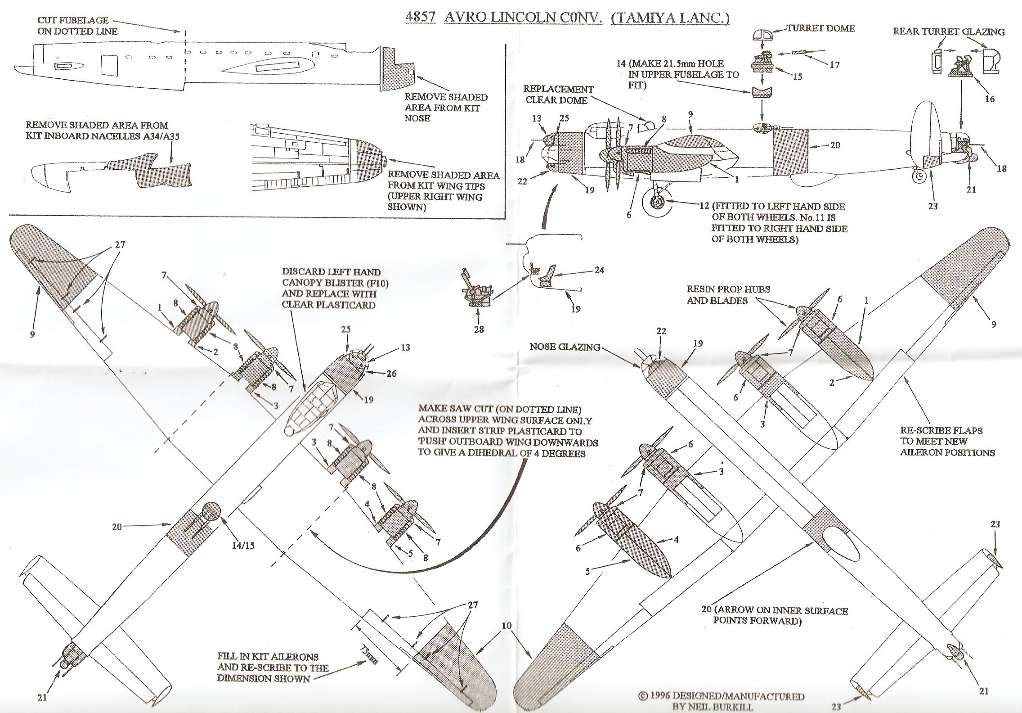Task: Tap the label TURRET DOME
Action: click(x=820, y=28)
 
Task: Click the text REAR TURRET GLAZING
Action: click(x=949, y=32)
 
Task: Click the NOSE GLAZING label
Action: click(x=565, y=347)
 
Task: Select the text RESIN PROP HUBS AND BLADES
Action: click(x=728, y=294)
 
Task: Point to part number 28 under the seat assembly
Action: click(x=479, y=329)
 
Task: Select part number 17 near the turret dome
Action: click(x=834, y=65)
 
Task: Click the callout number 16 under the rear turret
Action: click(x=990, y=99)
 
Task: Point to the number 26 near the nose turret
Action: click(x=391, y=373)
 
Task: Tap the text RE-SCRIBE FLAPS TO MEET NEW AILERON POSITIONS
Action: click(x=947, y=441)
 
